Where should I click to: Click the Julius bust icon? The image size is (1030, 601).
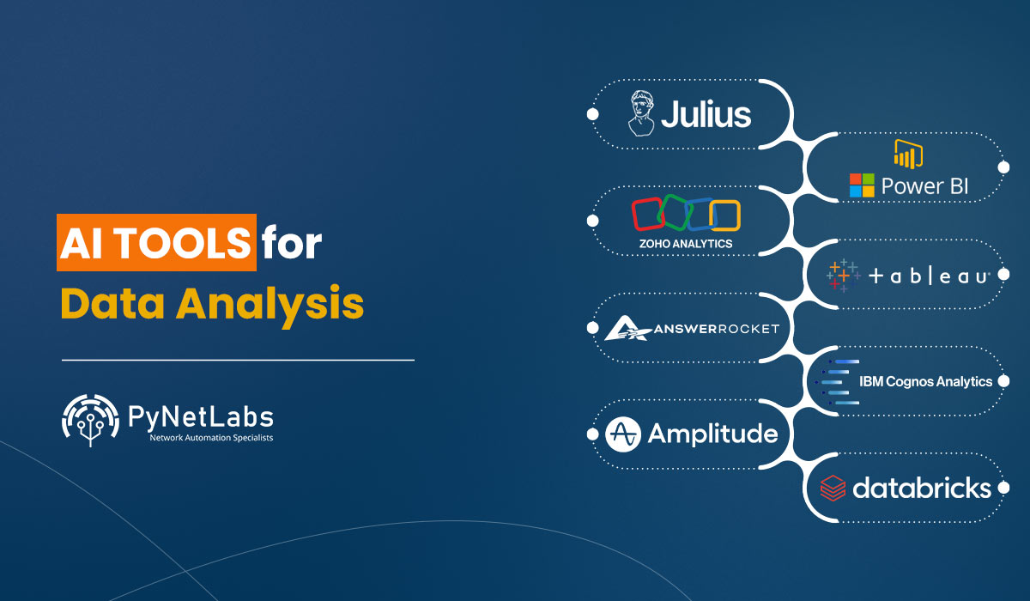point(641,113)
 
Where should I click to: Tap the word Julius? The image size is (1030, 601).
point(706,114)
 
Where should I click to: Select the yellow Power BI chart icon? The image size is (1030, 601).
point(908,154)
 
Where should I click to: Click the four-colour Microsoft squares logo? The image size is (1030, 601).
point(862,185)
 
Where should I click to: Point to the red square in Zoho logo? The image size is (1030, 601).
point(648,214)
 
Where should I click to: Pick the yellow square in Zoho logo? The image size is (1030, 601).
point(724,216)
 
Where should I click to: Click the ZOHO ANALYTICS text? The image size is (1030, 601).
point(686,244)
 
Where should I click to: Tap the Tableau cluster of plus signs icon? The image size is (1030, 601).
point(843,276)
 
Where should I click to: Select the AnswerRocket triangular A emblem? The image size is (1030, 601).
point(627,328)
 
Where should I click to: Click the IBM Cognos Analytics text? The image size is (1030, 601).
point(925,382)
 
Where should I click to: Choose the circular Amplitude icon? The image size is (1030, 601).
point(622,434)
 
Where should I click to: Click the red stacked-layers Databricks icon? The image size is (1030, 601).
point(833,488)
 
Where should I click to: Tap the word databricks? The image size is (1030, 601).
point(922,488)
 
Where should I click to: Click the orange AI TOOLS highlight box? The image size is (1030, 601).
point(156,242)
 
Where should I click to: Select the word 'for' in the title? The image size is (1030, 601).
point(292,242)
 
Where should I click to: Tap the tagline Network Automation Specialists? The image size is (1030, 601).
point(211,438)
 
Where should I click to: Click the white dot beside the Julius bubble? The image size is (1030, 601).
point(593,114)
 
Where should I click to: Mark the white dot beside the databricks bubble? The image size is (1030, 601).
point(1004,488)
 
